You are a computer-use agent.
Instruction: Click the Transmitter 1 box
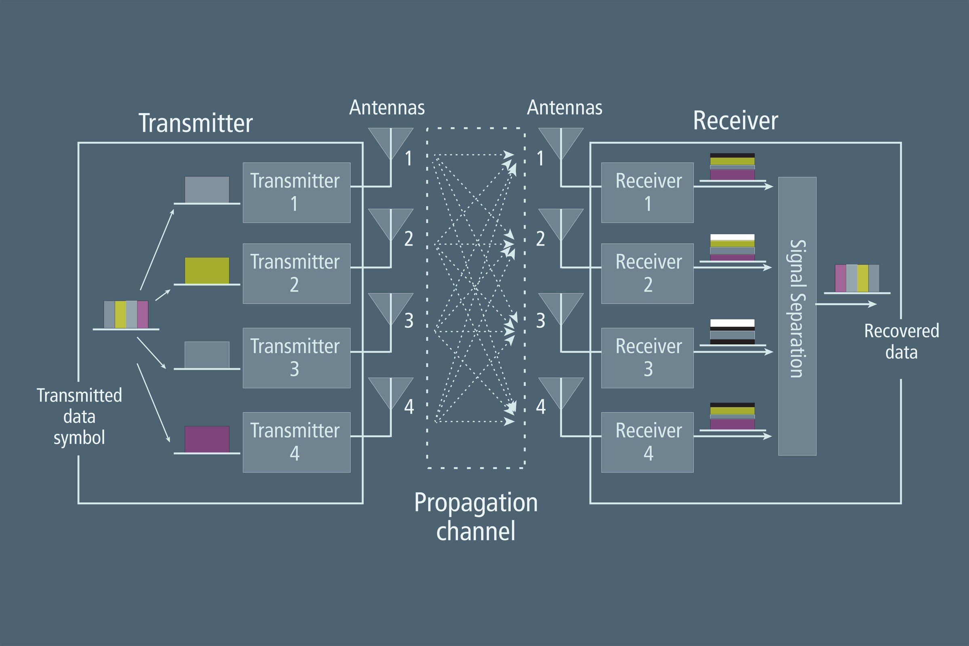pos(296,192)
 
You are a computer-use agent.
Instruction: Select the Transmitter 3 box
pos(296,358)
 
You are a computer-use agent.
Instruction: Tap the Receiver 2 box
pos(647,273)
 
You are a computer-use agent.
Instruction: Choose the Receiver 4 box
pos(647,442)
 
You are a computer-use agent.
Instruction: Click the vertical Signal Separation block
pos(797,316)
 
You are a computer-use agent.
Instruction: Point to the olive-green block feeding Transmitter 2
pos(207,270)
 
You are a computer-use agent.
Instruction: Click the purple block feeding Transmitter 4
pos(207,439)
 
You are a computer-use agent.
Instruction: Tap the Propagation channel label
pos(476,517)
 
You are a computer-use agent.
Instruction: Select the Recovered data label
pos(901,341)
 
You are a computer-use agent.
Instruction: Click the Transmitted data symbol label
pos(79,416)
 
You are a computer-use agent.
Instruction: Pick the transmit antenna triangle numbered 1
pos(390,142)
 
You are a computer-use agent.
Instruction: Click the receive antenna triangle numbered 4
pos(561,392)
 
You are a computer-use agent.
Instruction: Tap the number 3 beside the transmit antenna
pos(408,320)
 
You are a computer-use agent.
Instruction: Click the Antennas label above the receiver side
pos(564,108)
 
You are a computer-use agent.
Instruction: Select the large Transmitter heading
pos(195,123)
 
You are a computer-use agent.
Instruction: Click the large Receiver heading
pos(735,121)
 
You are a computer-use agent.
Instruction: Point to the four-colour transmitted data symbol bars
pos(126,314)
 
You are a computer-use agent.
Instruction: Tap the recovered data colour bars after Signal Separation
pos(857,278)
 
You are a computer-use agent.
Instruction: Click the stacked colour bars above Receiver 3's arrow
pos(732,331)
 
